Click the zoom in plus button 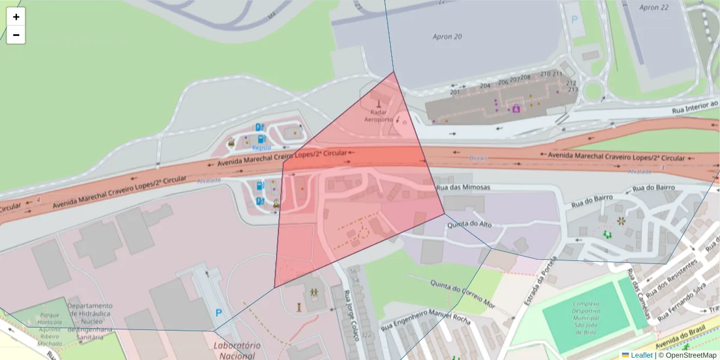point(16,17)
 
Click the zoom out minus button point(16,35)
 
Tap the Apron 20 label point(448,37)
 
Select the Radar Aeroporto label point(378,115)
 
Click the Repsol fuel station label point(262,147)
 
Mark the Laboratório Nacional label point(237,350)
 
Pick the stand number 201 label point(455,92)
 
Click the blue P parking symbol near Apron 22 point(574,19)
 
